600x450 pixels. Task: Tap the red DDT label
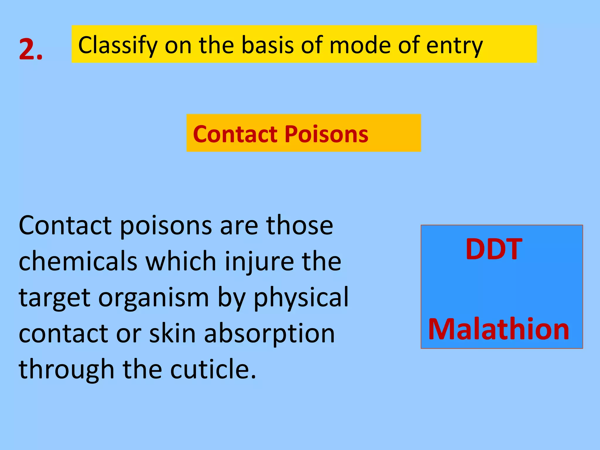click(x=494, y=249)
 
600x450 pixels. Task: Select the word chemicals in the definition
click(x=78, y=261)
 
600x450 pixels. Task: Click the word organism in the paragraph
click(x=154, y=297)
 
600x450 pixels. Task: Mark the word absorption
click(x=269, y=334)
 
